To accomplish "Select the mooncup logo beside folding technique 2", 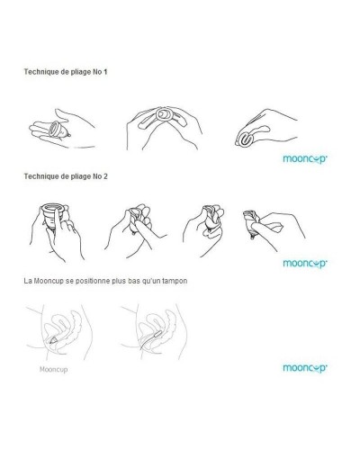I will coord(301,264).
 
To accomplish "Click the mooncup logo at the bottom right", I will coord(301,368).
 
